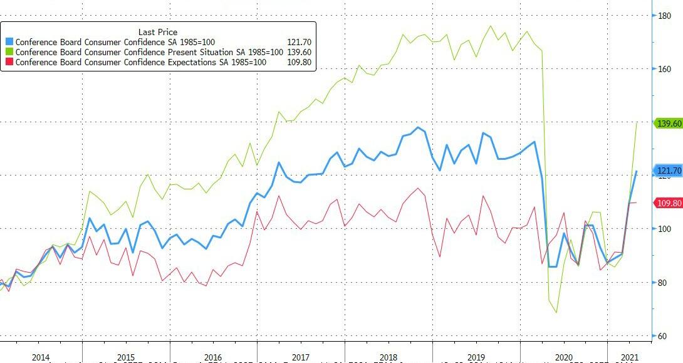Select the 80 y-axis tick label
pyautogui.click(x=662, y=283)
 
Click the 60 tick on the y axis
pyautogui.click(x=662, y=336)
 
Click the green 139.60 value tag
pyautogui.click(x=668, y=124)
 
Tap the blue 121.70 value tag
pyautogui.click(x=668, y=171)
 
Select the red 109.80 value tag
pyautogui.click(x=668, y=203)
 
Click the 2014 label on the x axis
pyautogui.click(x=40, y=357)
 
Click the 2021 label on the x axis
pyautogui.click(x=628, y=357)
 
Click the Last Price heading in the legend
pyautogui.click(x=157, y=32)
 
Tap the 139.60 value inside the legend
pyautogui.click(x=299, y=52)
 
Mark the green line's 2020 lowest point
pyautogui.click(x=556, y=312)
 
